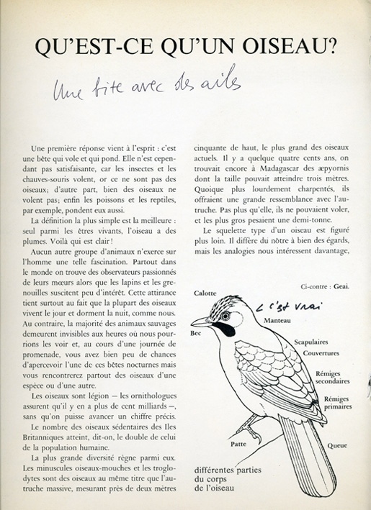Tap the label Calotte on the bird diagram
pos(205,293)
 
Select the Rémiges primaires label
pos(341,403)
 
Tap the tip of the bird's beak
pos(192,323)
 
